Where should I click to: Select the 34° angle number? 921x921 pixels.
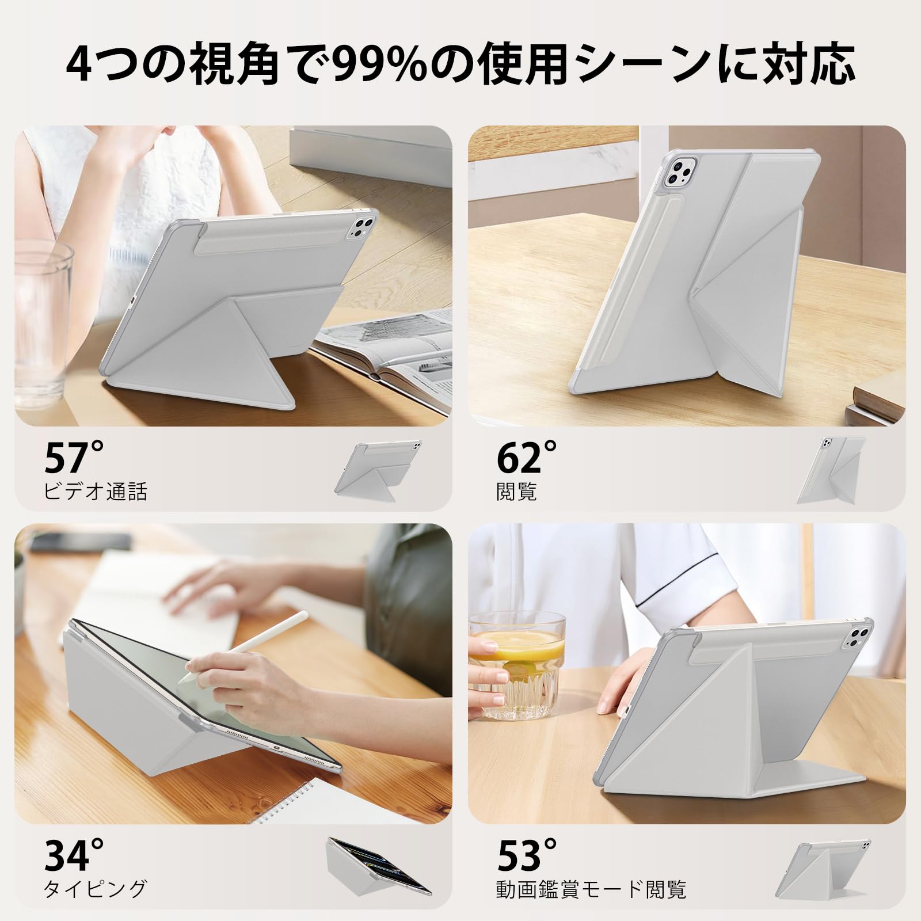pos(74,857)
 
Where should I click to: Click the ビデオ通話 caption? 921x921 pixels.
pos(96,491)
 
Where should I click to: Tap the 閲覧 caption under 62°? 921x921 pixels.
pos(516,491)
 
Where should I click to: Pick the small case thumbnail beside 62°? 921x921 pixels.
pos(831,470)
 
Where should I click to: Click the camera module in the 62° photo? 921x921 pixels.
pos(679,173)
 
